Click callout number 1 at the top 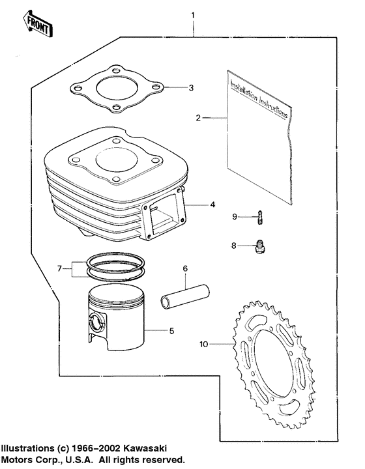click(192, 14)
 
